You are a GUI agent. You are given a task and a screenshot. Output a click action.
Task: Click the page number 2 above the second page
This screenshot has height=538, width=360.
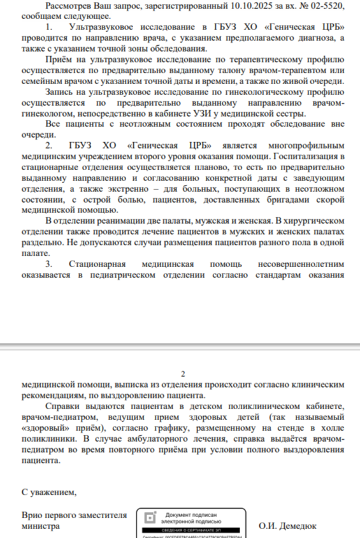coord(183,374)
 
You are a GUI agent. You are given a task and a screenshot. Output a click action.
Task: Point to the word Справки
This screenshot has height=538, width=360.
coord(63,407)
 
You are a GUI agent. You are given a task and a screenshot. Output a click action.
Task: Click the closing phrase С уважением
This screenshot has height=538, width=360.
coord(49,492)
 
